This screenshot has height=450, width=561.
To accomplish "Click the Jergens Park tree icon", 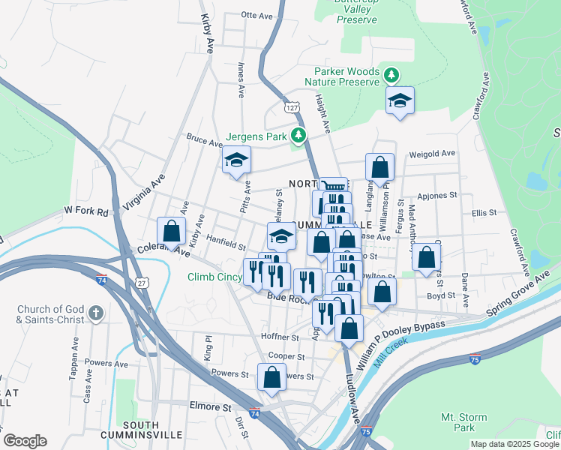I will [x=299, y=136].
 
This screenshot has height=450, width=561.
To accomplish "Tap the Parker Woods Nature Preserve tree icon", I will [x=391, y=75].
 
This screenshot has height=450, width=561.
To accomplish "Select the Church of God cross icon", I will [x=94, y=312].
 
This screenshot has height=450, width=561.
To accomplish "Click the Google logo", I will [x=25, y=441].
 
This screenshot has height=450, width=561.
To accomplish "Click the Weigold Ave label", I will [x=432, y=154].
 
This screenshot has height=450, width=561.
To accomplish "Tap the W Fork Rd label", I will [x=86, y=212].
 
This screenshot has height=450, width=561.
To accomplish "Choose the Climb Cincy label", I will [x=214, y=278].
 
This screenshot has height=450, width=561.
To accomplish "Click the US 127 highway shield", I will [x=292, y=108].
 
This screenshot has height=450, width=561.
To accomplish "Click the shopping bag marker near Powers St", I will [x=271, y=377].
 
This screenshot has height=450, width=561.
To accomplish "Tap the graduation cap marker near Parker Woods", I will [x=400, y=101].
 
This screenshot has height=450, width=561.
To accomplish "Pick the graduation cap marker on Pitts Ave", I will [x=236, y=160].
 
